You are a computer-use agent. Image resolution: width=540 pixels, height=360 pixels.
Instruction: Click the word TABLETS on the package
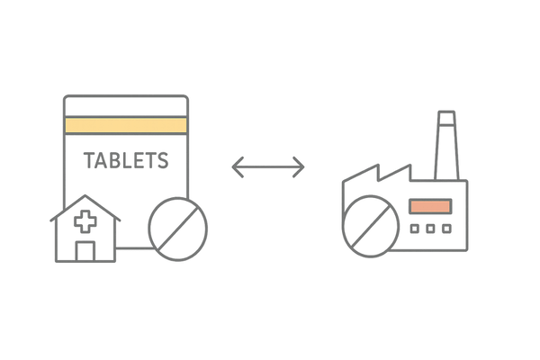click(126, 161)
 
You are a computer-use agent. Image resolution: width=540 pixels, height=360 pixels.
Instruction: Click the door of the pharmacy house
click(86, 251)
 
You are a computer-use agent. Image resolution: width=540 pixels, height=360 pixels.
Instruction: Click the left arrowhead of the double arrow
click(237, 166)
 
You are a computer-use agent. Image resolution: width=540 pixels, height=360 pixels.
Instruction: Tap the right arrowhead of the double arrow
click(302, 166)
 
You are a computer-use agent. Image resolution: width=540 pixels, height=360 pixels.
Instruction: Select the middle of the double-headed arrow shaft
click(269, 166)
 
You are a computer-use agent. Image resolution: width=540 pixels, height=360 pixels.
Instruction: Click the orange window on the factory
click(429, 206)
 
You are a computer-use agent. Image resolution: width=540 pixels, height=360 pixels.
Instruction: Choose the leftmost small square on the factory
click(414, 229)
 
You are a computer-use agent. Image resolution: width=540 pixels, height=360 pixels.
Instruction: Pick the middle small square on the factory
click(429, 229)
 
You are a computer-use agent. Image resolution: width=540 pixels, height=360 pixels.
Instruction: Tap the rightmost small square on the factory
click(445, 229)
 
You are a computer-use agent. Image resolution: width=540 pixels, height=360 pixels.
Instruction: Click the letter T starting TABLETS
click(89, 161)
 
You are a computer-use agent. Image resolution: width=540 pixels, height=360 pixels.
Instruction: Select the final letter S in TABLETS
click(163, 161)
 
